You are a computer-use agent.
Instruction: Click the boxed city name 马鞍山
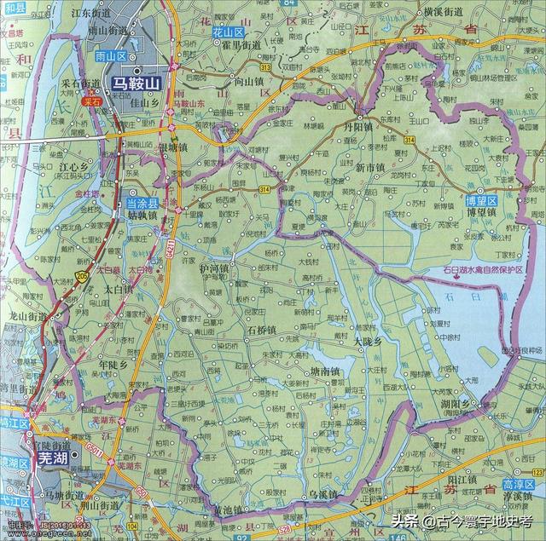(137, 83)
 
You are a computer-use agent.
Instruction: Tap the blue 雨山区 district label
(110, 55)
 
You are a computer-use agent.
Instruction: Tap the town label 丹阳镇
(372, 123)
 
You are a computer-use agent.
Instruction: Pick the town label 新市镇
(372, 166)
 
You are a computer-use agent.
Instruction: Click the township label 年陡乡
(113, 364)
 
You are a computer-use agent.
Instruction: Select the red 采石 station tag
(91, 101)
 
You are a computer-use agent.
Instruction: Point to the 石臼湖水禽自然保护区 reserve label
(483, 270)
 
